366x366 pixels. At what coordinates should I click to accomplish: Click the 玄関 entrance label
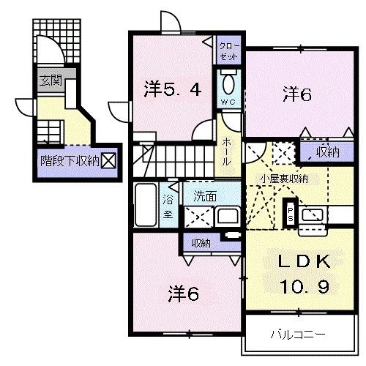pos(50,81)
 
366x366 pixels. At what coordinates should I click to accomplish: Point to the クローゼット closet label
pos(228,51)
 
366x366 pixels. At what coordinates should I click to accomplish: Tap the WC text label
pos(228,102)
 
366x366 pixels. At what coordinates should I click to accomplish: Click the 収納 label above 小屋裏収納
pos(327,152)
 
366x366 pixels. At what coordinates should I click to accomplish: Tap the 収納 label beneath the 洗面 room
pos(201,242)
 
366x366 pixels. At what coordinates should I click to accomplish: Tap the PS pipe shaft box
pos(290,211)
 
